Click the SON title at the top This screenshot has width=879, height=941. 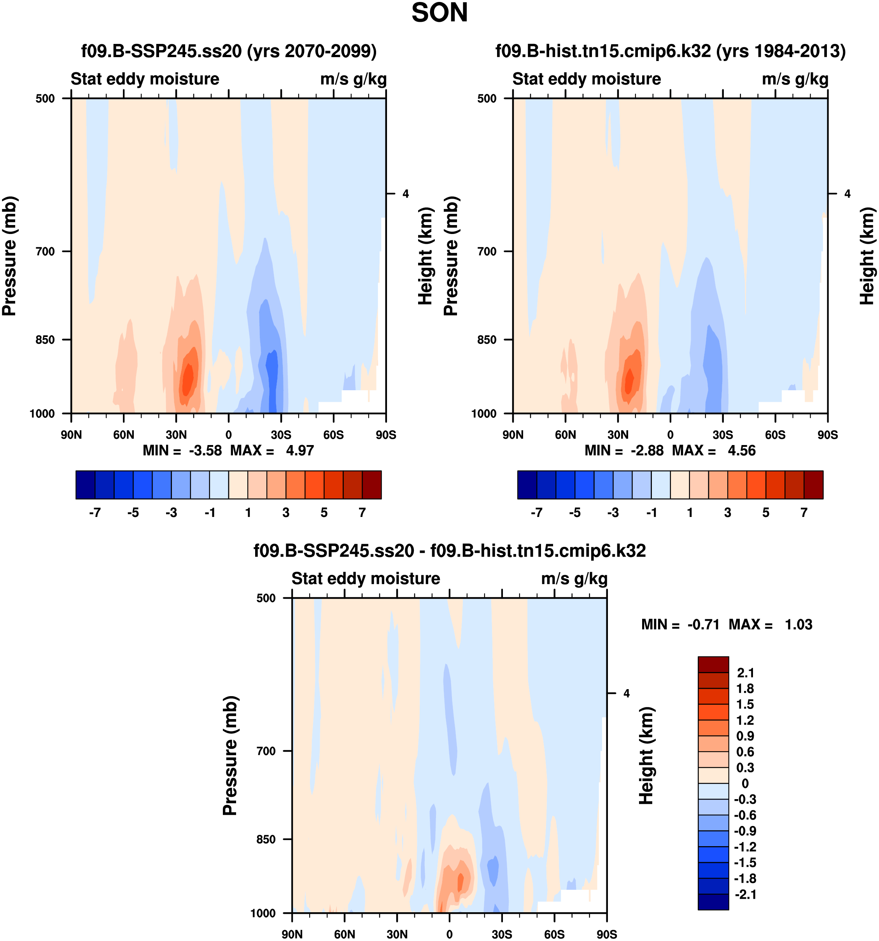coord(439,13)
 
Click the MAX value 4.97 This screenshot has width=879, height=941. coord(299,450)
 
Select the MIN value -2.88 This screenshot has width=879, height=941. coord(647,450)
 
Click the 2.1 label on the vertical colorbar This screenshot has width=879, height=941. coord(745,673)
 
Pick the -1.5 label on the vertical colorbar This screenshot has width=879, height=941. coord(744,862)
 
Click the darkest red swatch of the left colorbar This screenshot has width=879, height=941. coord(371,485)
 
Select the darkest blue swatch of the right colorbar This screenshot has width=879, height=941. coord(527,485)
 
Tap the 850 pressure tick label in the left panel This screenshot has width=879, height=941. coord(46,339)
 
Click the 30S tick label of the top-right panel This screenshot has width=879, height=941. coord(722,435)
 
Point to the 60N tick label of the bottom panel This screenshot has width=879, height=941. coord(344,934)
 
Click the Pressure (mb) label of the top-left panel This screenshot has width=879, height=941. coord(9,256)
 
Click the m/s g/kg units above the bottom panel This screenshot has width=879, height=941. coord(574,578)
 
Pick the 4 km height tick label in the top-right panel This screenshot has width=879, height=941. coord(847,194)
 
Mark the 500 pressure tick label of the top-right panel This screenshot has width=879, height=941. coord(487,98)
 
